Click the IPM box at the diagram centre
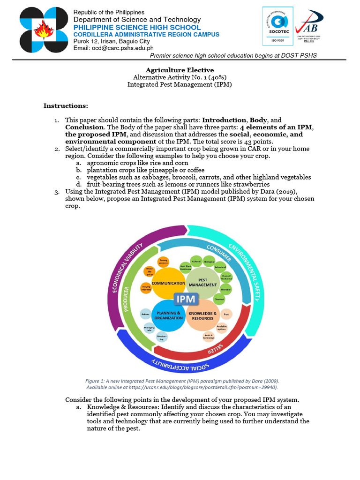[x=187, y=299]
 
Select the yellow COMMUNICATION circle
[x=168, y=284]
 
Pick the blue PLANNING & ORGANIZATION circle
[x=168, y=315]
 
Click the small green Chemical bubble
[x=219, y=299]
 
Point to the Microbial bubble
[x=225, y=289]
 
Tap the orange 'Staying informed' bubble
[x=146, y=289]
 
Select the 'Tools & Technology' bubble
[x=209, y=336]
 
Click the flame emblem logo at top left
[x=44, y=30]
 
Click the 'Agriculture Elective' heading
[x=180, y=70]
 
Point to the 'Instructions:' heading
[x=66, y=106]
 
